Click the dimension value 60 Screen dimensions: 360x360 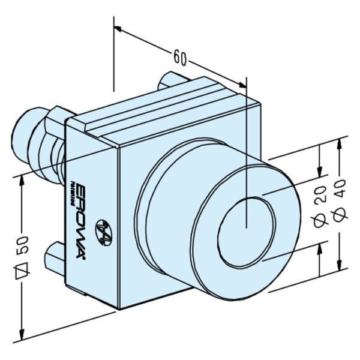click(x=181, y=58)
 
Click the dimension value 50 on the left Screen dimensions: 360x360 click(x=25, y=247)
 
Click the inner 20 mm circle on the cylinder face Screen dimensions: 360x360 click(x=246, y=230)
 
